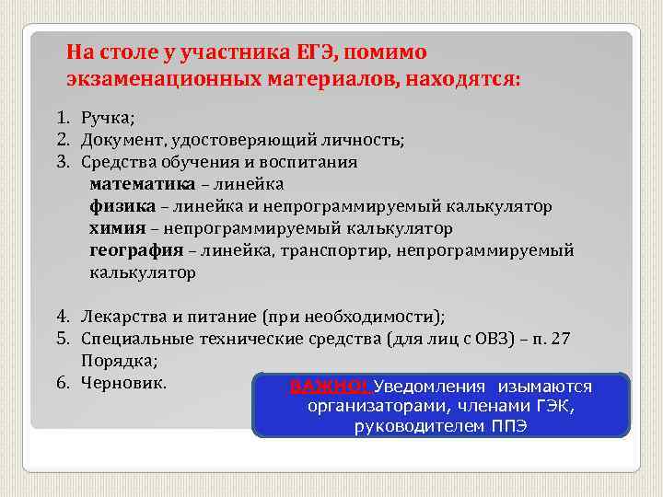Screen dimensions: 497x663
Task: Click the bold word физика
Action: pos(117,205)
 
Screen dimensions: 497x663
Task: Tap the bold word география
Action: pos(134,250)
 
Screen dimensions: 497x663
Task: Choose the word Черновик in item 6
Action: pos(123,382)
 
